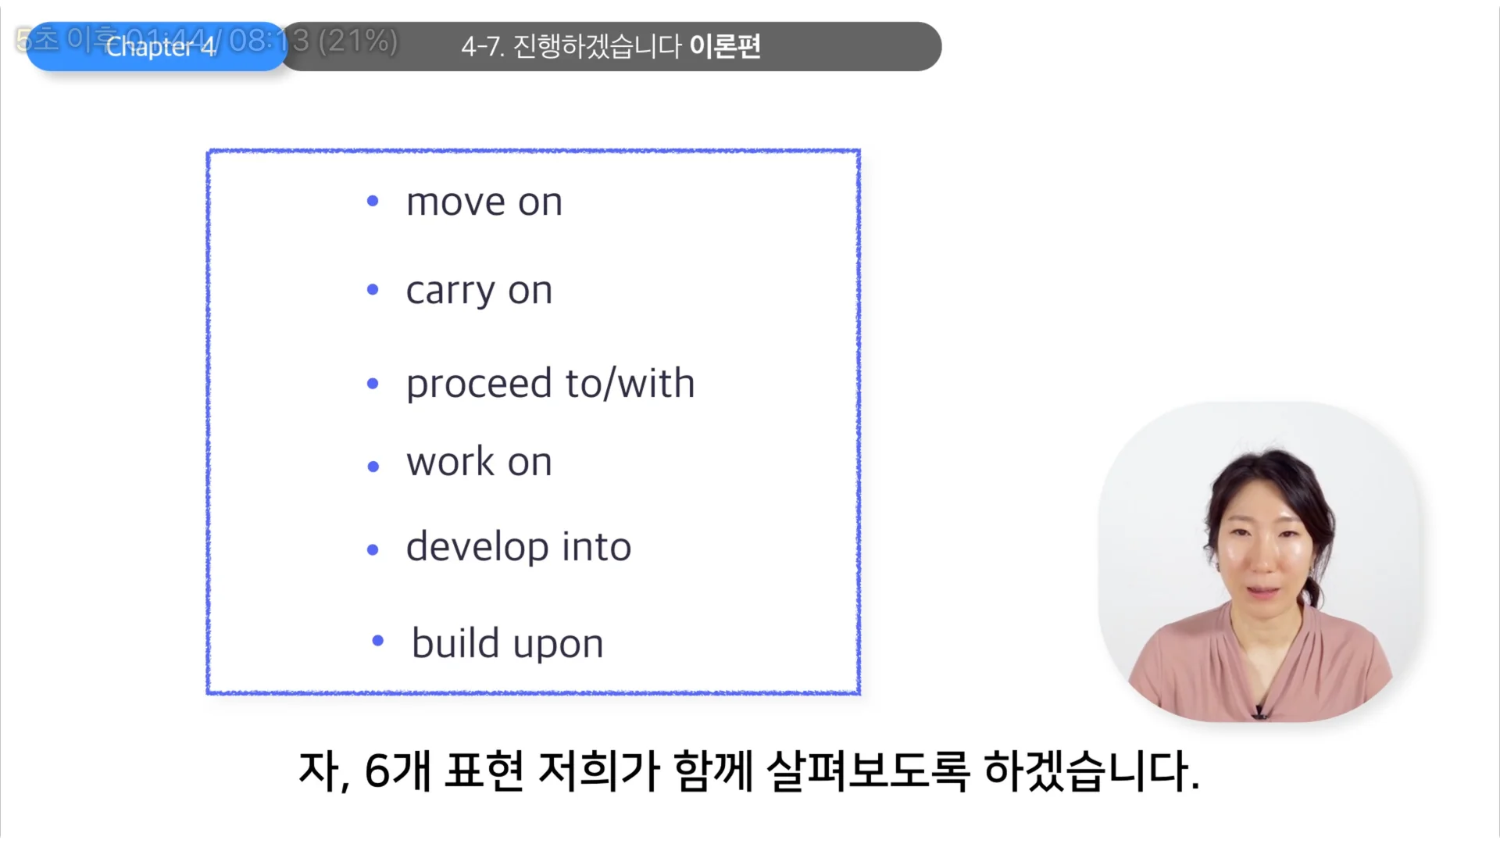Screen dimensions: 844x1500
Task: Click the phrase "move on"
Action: [484, 202]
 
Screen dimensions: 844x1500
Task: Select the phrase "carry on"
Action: [479, 291]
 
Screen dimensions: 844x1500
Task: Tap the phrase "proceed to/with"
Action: [550, 384]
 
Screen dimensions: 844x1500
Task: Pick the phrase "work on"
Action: [479, 462]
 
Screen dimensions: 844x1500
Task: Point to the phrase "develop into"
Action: [518, 546]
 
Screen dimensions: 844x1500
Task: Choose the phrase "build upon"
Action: [507, 644]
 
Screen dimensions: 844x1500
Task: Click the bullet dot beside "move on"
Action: [373, 202]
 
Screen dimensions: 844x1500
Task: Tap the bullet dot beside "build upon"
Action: [378, 641]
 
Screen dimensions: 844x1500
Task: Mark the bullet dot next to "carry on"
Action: [373, 290]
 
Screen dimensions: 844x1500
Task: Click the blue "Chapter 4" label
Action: [160, 47]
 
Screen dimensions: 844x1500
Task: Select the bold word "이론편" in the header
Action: [725, 46]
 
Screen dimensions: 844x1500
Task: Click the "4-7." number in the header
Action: [482, 47]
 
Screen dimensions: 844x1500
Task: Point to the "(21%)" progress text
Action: [358, 40]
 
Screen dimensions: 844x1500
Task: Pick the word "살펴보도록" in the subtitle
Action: [867, 771]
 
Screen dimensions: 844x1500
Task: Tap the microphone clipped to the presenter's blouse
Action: [1259, 711]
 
